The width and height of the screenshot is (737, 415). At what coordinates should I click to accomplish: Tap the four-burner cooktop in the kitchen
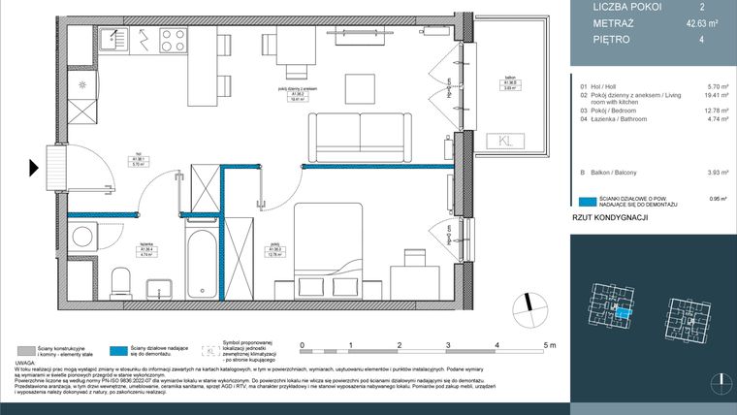pyautogui.click(x=173, y=40)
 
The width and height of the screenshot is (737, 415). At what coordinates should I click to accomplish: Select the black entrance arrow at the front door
pyautogui.click(x=35, y=167)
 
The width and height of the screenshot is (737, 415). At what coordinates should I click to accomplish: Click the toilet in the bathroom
pyautogui.click(x=120, y=284)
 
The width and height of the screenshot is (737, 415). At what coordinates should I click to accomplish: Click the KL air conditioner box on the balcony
pyautogui.click(x=510, y=141)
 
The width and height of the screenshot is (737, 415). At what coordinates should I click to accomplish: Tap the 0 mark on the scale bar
pyautogui.click(x=302, y=345)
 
